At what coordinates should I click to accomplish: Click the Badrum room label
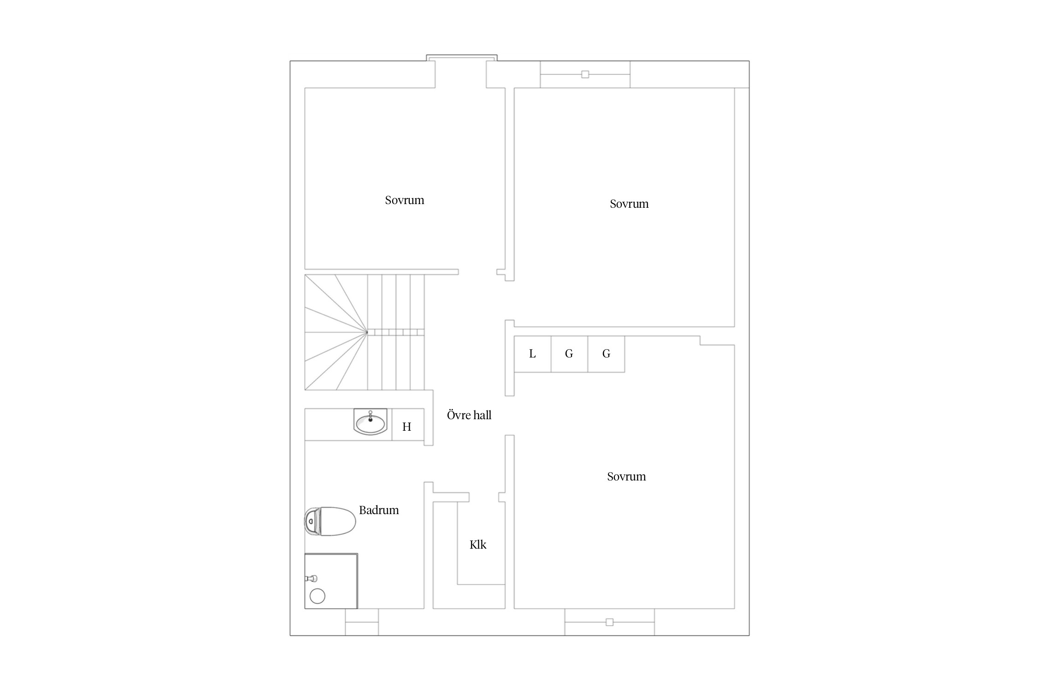click(379, 510)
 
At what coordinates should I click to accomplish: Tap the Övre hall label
click(469, 415)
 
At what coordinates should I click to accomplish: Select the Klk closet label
click(478, 545)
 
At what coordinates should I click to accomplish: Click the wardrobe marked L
click(532, 354)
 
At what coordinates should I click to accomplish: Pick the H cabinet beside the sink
click(408, 424)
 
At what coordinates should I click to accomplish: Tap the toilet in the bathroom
click(330, 521)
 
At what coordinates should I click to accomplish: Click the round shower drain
click(318, 596)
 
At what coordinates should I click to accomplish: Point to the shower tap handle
click(312, 578)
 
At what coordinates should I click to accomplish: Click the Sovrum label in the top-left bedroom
click(405, 200)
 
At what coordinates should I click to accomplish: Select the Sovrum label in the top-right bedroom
click(629, 204)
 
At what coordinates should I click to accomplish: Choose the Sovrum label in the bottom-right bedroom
click(626, 476)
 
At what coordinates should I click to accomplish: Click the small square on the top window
click(585, 74)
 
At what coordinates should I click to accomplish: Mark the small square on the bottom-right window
click(610, 622)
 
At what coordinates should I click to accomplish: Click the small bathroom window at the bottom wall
click(362, 622)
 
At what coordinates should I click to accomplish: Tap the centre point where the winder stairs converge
click(367, 332)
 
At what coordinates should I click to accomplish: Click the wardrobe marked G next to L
click(570, 354)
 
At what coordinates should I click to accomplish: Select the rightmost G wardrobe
click(607, 354)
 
